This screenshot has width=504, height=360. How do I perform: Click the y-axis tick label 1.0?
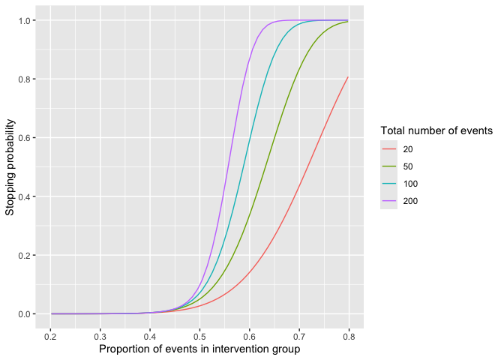click(x=24, y=20)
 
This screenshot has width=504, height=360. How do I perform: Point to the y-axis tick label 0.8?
click(x=24, y=79)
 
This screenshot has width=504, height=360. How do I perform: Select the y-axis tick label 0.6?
click(x=24, y=138)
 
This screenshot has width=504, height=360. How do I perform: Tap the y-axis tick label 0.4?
click(x=24, y=196)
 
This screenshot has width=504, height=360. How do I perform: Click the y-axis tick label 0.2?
click(x=24, y=255)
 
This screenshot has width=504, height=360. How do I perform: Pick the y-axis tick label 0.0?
click(x=24, y=314)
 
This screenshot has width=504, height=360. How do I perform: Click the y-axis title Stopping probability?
click(x=10, y=166)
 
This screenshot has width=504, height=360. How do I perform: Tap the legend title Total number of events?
click(x=436, y=131)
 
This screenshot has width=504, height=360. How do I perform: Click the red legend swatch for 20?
click(x=388, y=149)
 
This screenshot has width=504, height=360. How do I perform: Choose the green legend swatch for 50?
click(x=388, y=166)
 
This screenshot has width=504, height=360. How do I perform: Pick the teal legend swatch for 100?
click(x=388, y=184)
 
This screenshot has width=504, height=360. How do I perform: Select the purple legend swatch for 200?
click(x=388, y=201)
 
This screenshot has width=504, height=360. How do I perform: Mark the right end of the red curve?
click(x=348, y=76)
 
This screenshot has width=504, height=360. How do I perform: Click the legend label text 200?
click(x=410, y=201)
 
